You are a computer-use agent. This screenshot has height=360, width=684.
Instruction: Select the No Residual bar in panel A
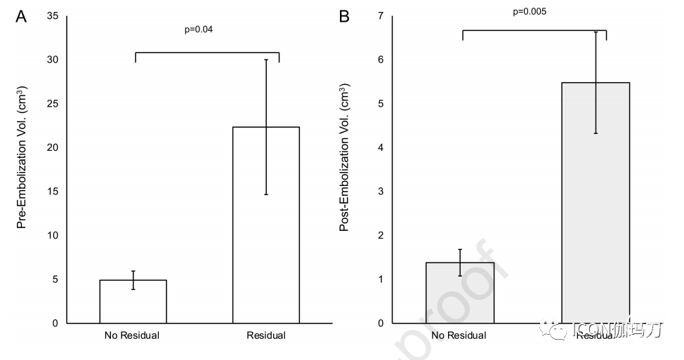pyautogui.click(x=133, y=302)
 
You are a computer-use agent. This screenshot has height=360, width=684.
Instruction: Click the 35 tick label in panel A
pyautogui.click(x=53, y=15)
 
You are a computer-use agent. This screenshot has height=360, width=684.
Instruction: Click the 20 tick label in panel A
pyautogui.click(x=53, y=147)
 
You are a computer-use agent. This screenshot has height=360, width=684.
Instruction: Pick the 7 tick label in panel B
pyautogui.click(x=381, y=15)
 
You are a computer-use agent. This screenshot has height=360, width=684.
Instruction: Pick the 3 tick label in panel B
pyautogui.click(x=381, y=192)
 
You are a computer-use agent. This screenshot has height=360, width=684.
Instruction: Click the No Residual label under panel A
pyautogui.click(x=131, y=335)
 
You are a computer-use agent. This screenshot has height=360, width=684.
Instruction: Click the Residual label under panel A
pyautogui.click(x=266, y=335)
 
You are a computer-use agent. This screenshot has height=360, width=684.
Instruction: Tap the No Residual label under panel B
pyautogui.click(x=459, y=335)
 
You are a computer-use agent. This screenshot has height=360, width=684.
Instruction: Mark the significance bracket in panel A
pyautogui.click(x=207, y=53)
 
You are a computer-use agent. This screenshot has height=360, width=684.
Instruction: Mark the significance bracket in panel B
pyautogui.click(x=534, y=30)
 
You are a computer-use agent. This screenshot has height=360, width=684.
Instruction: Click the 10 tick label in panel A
pyautogui.click(x=53, y=235)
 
